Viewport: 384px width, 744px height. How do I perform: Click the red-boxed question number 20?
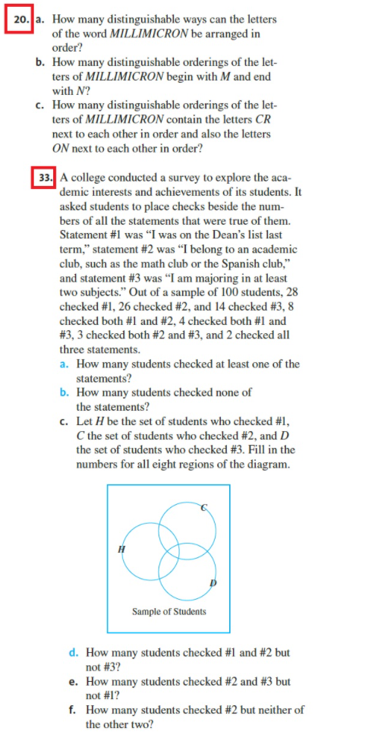[18, 19]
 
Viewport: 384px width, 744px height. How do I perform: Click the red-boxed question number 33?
[45, 178]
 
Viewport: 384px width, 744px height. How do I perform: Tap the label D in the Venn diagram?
[213, 582]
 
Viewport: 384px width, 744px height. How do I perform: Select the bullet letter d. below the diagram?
[73, 652]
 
